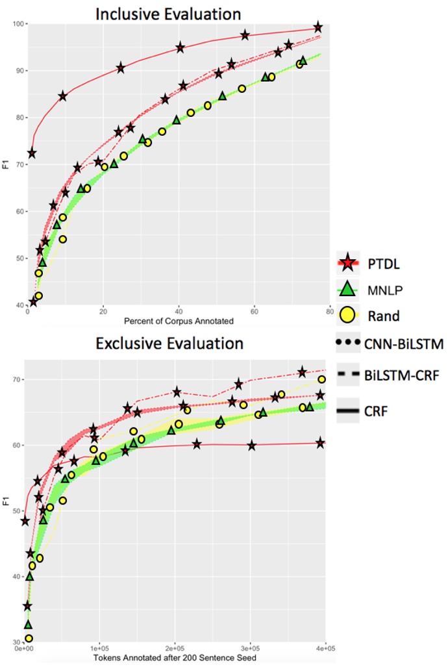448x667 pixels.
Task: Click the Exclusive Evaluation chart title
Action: [x=169, y=343]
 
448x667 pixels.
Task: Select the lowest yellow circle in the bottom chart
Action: [x=29, y=638]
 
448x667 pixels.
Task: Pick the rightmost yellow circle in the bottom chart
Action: [x=321, y=379]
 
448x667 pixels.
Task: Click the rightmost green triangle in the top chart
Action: [x=303, y=60]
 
